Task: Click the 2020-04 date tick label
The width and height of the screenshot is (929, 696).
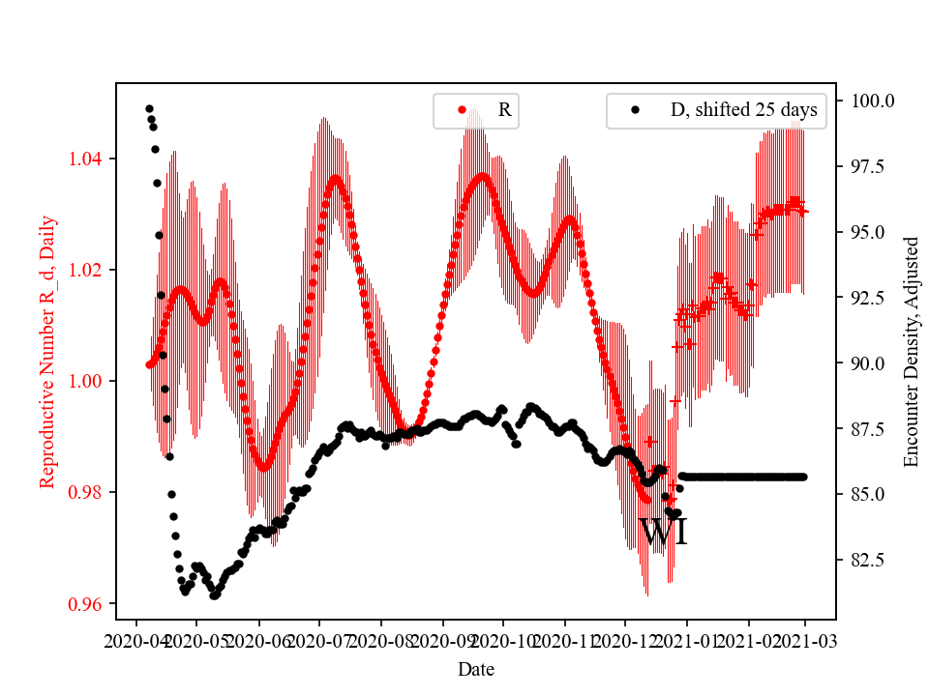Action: (135, 640)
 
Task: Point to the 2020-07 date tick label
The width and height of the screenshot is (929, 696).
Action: (319, 640)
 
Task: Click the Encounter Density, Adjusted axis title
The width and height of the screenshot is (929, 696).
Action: (911, 352)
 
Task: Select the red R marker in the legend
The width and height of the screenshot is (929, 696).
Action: (462, 110)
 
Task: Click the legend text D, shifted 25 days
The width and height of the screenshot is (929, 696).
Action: (743, 110)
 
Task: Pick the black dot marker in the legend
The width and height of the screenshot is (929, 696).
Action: (635, 110)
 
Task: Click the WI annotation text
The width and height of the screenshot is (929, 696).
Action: (664, 533)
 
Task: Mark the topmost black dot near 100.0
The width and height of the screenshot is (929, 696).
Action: (149, 108)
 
